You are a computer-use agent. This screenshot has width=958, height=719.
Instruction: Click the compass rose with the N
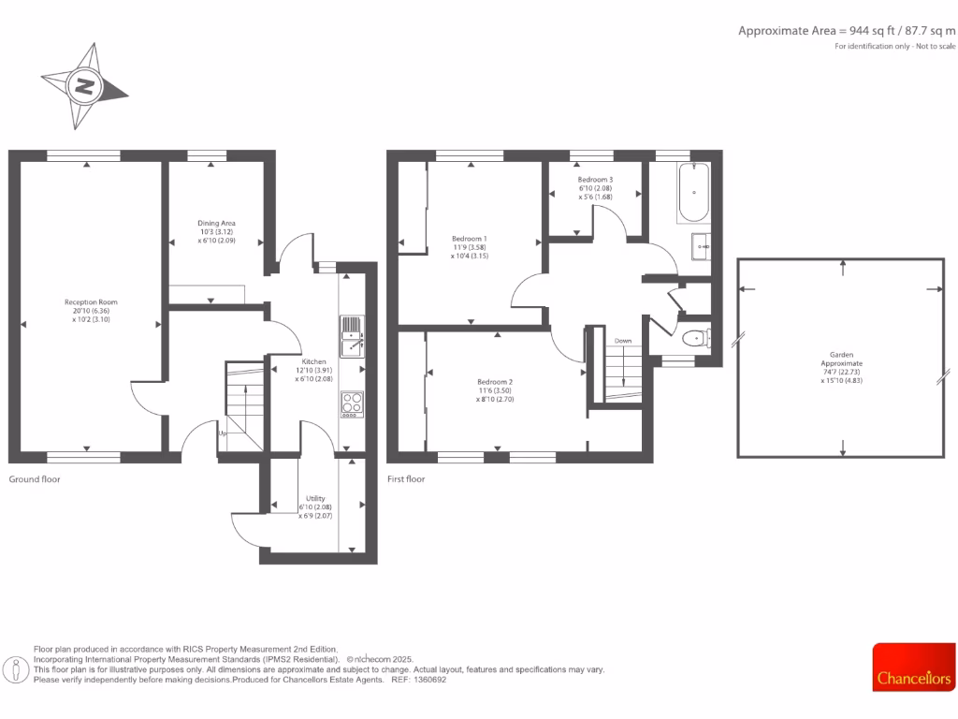[x=85, y=86]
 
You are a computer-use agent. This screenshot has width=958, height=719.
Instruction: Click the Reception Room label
[x=91, y=311]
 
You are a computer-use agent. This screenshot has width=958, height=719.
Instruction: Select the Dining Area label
[x=216, y=231]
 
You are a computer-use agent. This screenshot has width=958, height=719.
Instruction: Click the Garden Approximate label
[x=842, y=368]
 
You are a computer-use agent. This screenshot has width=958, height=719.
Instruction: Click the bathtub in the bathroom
[x=693, y=193]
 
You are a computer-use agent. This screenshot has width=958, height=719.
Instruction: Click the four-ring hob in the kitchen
[x=353, y=404]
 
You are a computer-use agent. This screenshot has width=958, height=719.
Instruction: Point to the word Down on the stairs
[x=623, y=341]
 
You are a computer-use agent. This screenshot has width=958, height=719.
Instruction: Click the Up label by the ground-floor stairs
[x=223, y=433]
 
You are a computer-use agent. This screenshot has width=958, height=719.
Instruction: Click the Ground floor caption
[x=35, y=478]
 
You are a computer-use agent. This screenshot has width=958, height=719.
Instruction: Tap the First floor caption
[x=406, y=478]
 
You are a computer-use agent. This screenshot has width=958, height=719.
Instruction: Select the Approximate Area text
[x=847, y=31]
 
